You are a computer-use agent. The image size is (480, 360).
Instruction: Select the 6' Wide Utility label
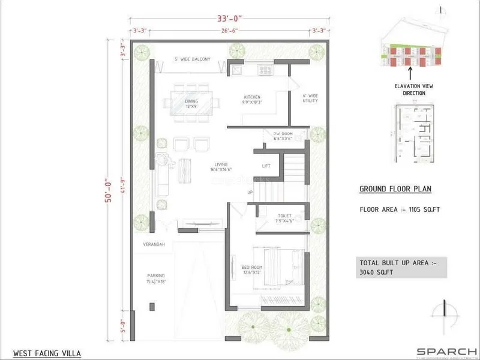pos(310,98)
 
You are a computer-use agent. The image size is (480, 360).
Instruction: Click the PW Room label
pos(283,136)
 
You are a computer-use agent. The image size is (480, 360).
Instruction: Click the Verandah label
pos(154,244)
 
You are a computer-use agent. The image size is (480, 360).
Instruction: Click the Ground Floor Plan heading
pos(395,189)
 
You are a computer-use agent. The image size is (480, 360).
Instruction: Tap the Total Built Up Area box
pos(401,268)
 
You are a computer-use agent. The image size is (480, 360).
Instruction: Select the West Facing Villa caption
pos(47,353)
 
